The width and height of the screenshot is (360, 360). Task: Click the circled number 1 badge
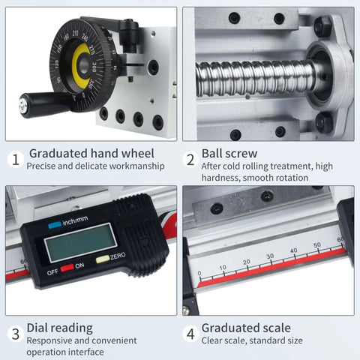(14, 160)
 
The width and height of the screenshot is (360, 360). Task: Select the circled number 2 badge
(190, 160)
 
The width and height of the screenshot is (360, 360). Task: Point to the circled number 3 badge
(14, 334)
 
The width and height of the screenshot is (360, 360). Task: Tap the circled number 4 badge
(190, 334)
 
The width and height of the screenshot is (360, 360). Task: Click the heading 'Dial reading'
(60, 328)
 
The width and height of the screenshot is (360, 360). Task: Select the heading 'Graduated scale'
(246, 328)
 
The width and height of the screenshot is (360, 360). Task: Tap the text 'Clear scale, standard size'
(252, 340)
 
